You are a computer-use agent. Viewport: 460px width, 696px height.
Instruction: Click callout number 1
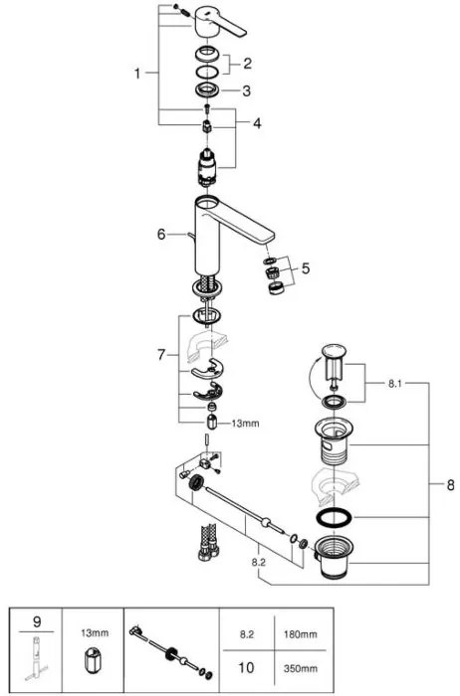pyautogui.click(x=140, y=73)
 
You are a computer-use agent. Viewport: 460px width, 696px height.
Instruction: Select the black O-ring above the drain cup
pyautogui.click(x=332, y=520)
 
